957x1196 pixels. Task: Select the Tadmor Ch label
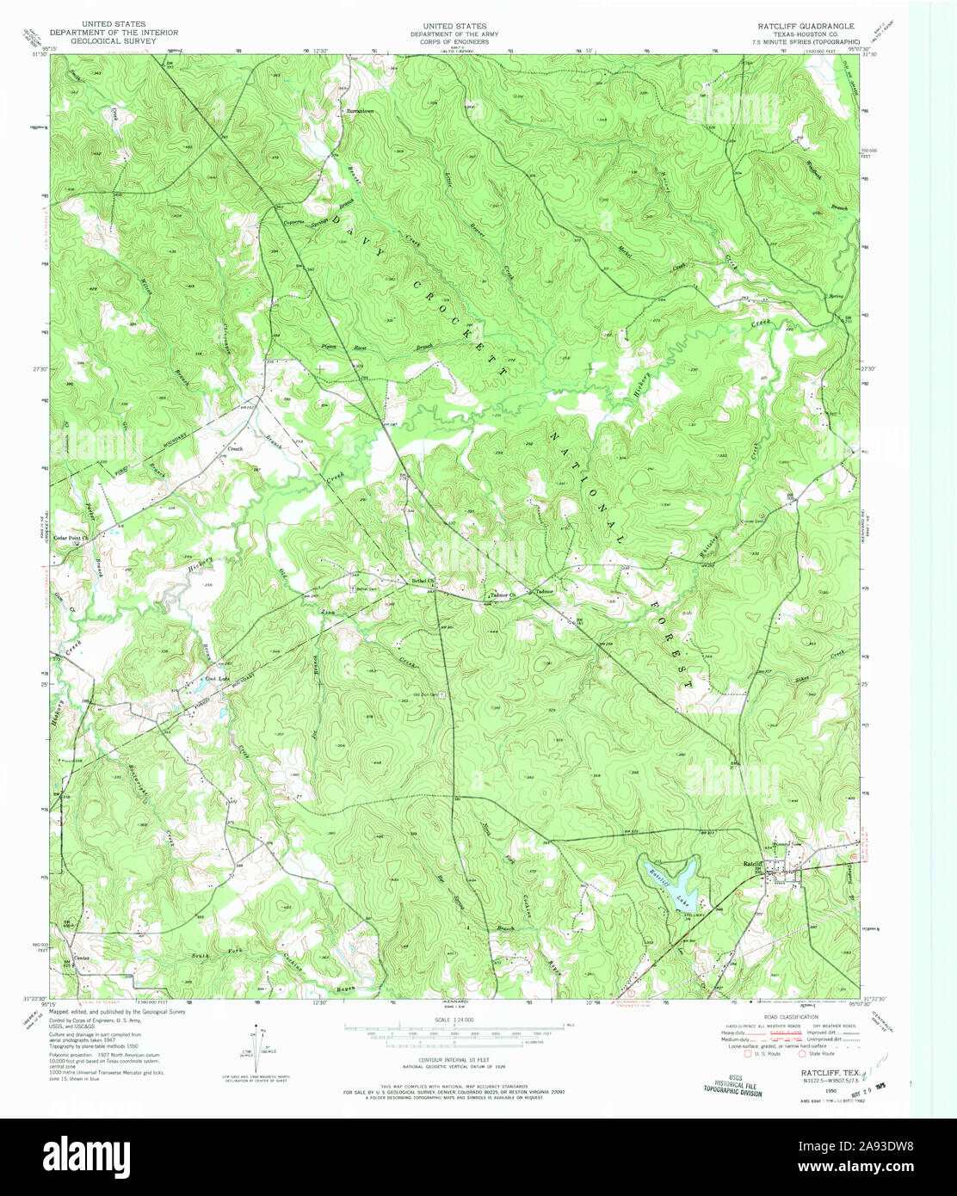tap(501, 595)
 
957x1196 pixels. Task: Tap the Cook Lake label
tap(216, 680)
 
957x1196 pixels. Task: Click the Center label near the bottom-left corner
tap(82, 958)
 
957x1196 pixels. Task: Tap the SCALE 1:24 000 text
tap(454, 1019)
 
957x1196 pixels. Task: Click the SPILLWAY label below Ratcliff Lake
tap(684, 915)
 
